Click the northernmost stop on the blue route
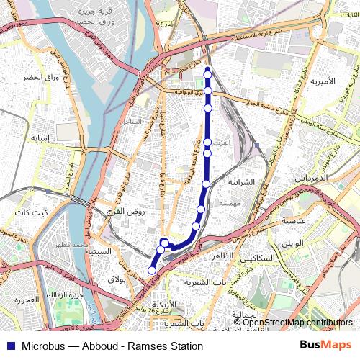(x=208, y=71)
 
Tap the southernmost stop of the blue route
(x=152, y=270)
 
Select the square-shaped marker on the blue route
(x=165, y=242)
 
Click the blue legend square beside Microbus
(x=9, y=346)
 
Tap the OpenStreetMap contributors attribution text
(x=297, y=322)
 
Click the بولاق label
(x=117, y=277)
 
